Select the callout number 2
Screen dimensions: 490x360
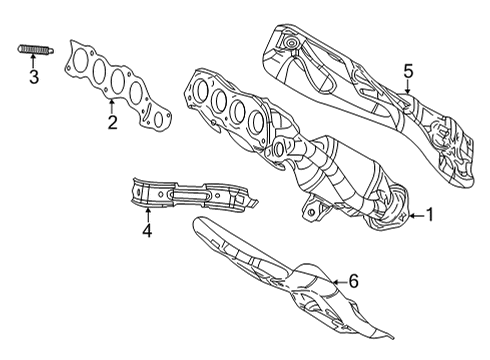click(x=112, y=123)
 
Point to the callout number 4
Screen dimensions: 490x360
click(x=146, y=231)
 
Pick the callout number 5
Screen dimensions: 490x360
click(x=408, y=70)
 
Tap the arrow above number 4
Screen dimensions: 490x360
click(x=146, y=213)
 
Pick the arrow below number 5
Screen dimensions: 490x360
click(x=408, y=88)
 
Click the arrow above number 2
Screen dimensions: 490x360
click(x=112, y=106)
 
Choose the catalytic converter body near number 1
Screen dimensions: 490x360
click(x=345, y=175)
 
